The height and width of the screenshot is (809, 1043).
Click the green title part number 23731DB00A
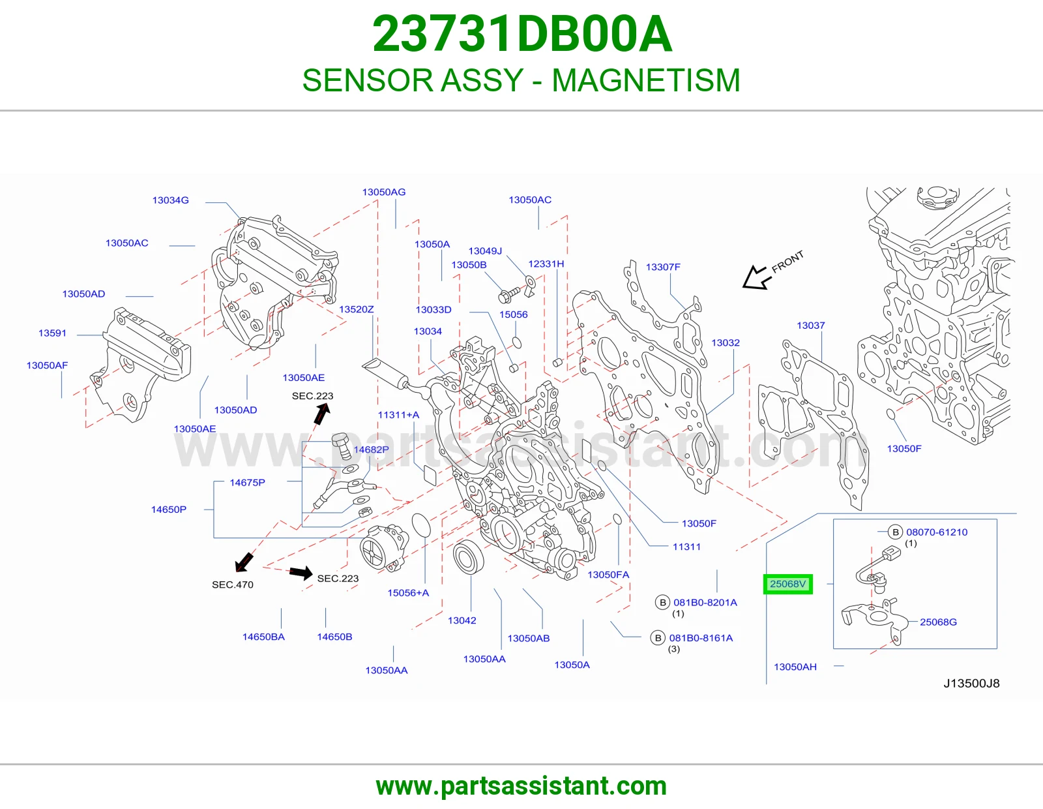point(522,34)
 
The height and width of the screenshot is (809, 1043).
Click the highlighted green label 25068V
point(787,584)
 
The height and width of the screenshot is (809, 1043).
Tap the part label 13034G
point(170,200)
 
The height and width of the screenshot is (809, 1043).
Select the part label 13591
point(52,333)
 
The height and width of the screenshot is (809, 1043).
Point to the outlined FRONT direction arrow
point(754,278)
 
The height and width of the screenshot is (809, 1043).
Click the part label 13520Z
point(356,309)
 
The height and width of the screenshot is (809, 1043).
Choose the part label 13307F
point(663,267)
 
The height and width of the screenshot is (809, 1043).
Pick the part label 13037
point(811,326)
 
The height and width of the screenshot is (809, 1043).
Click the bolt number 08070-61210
point(937,532)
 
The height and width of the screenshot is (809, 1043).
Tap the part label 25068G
point(938,622)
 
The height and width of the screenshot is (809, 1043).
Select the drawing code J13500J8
point(971,684)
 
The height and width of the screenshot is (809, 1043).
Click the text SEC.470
point(232,585)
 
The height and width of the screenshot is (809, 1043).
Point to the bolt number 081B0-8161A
point(701,638)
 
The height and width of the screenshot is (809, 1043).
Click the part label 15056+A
point(408,593)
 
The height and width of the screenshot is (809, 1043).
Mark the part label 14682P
point(371,450)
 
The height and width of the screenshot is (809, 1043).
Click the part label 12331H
point(546,264)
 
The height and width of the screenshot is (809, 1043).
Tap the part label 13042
point(462,620)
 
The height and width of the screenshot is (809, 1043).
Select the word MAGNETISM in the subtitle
point(645,80)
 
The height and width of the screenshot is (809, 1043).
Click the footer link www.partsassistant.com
point(521,786)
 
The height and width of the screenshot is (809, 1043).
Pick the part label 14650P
point(168,510)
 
